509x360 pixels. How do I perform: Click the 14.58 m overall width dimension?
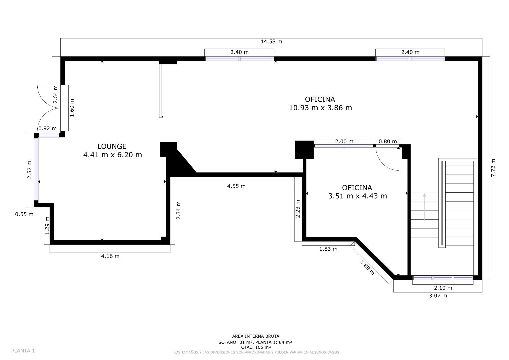pyautogui.click(x=271, y=42)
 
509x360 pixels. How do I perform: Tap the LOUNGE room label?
pyautogui.click(x=112, y=146)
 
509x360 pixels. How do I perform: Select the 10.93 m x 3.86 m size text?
pyautogui.click(x=320, y=108)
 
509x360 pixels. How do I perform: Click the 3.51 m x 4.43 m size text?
pyautogui.click(x=357, y=196)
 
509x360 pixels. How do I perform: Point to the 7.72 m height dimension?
pyautogui.click(x=493, y=168)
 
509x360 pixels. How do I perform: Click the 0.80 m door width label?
pyautogui.click(x=388, y=141)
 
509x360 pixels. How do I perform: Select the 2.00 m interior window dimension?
pyautogui.click(x=344, y=141)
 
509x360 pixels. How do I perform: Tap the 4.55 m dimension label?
pyautogui.click(x=236, y=186)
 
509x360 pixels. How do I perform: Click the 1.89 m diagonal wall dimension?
pyautogui.click(x=367, y=267)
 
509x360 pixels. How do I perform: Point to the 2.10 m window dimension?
pyautogui.click(x=443, y=288)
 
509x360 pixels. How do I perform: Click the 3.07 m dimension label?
pyautogui.click(x=438, y=296)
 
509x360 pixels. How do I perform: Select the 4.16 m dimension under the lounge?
pyautogui.click(x=110, y=256)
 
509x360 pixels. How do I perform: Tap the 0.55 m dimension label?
pyautogui.click(x=24, y=214)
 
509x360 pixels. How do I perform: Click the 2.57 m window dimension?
pyautogui.click(x=29, y=170)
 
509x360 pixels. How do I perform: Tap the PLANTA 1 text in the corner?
pyautogui.click(x=23, y=351)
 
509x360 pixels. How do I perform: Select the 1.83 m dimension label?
pyautogui.click(x=328, y=249)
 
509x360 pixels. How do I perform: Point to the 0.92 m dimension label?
pyautogui.click(x=47, y=128)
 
